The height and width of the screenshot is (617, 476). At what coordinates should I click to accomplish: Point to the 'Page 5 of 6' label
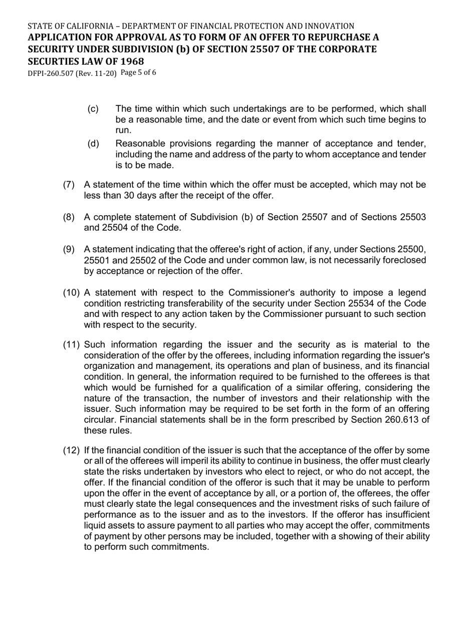[138, 73]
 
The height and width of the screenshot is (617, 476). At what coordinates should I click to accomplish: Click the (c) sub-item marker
[93, 109]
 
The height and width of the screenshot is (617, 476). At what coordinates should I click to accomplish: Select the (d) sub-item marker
[93, 144]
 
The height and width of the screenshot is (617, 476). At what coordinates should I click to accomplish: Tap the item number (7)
[69, 185]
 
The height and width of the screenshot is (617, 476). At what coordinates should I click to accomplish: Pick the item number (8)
[69, 217]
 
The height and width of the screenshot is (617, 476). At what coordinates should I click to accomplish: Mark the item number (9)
[69, 249]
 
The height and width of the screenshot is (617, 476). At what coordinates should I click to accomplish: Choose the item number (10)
[71, 292]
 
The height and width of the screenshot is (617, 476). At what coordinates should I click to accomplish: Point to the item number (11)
[71, 344]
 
